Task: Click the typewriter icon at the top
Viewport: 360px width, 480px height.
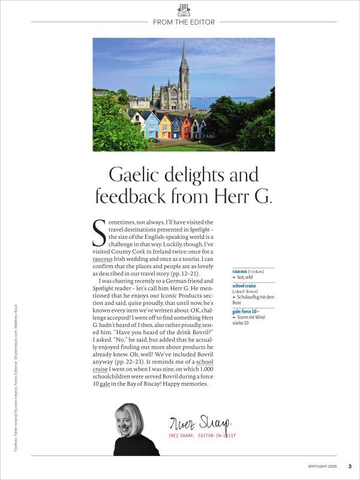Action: coord(184,10)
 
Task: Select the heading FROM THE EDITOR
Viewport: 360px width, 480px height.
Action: coord(184,22)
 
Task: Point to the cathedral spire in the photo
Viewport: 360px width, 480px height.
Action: coord(184,57)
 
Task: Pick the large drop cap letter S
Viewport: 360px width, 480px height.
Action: coord(99,233)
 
